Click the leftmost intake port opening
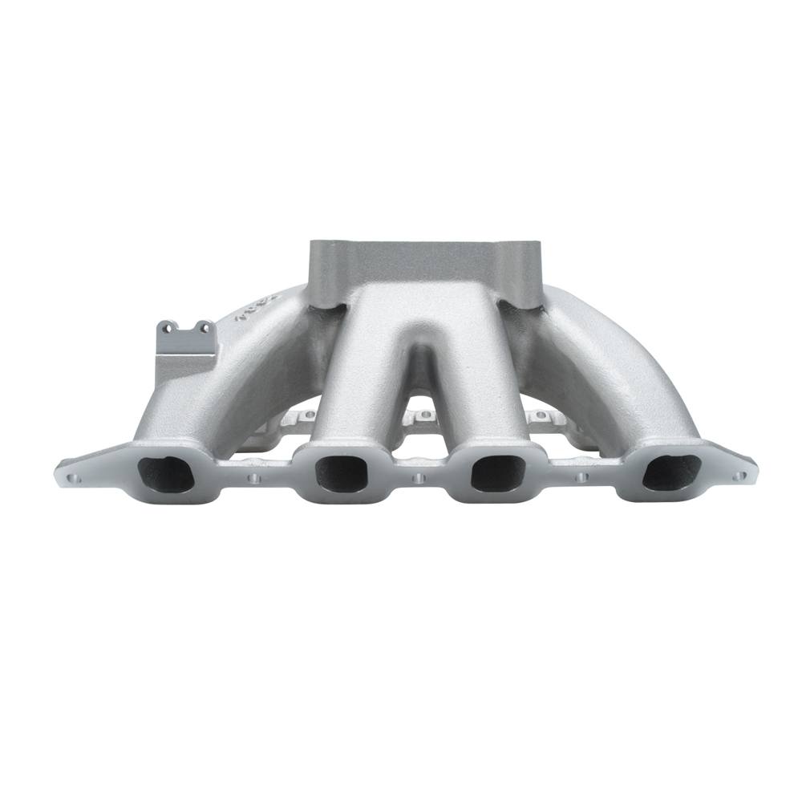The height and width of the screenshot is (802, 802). [x=167, y=474]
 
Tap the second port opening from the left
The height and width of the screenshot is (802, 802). [x=341, y=473]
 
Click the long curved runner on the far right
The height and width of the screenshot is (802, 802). [x=618, y=377]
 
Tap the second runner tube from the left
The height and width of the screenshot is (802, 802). [x=353, y=377]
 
